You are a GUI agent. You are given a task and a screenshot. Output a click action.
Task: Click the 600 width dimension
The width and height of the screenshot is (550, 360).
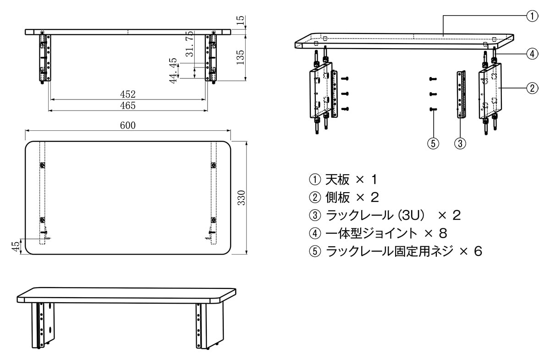(128, 125)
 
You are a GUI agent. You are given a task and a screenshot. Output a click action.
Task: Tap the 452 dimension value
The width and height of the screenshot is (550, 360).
(128, 94)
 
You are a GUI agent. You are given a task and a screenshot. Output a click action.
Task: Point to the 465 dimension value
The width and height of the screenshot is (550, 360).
(128, 105)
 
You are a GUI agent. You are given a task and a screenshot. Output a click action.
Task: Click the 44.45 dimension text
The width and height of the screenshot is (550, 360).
(173, 70)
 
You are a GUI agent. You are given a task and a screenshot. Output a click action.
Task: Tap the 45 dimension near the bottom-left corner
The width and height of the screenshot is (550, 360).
(16, 246)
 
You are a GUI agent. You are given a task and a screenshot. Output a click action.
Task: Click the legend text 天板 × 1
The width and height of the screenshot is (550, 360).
(344, 178)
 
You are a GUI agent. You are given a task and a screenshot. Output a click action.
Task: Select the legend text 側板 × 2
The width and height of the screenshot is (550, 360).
(344, 197)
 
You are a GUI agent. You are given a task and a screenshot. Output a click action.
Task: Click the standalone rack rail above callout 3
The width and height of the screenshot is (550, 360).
(461, 94)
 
